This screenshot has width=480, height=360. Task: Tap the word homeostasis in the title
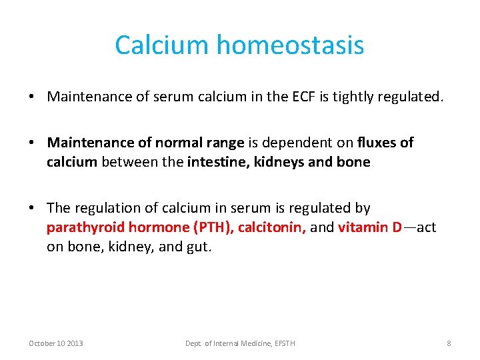[x=290, y=45]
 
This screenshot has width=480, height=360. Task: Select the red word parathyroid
[x=85, y=227]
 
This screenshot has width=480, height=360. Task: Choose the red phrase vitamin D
[x=369, y=227]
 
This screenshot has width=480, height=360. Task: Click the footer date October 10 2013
[x=56, y=343]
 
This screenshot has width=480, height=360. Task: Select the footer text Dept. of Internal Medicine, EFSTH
[x=240, y=343]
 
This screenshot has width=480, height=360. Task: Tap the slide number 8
[x=449, y=343]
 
